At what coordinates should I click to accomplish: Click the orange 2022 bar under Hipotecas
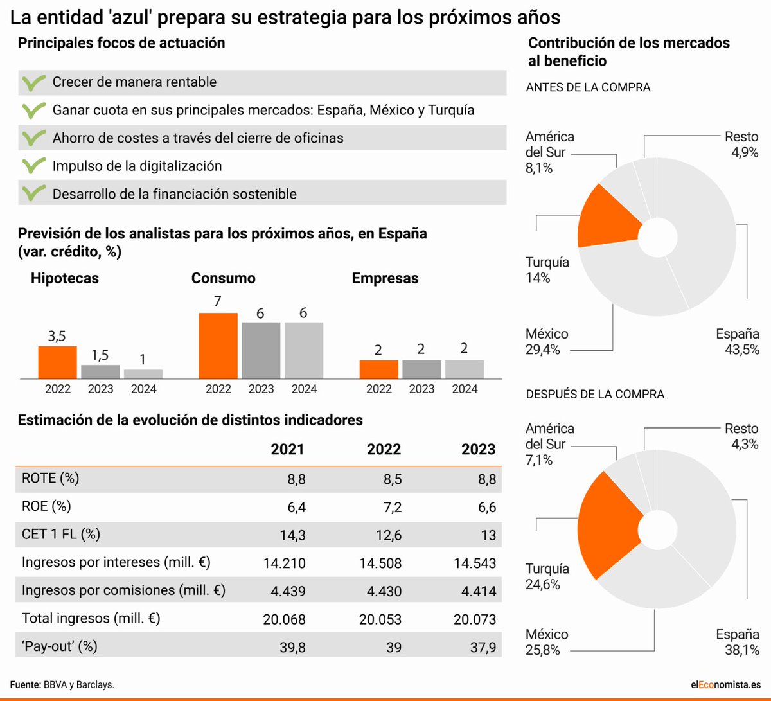tap(57, 362)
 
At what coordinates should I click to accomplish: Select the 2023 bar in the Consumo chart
tap(261, 350)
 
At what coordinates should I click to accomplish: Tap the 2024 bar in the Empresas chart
tap(464, 369)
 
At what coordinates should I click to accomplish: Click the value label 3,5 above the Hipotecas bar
tap(57, 335)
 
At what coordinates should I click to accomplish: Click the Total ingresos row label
tap(91, 618)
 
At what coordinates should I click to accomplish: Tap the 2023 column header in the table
tap(478, 449)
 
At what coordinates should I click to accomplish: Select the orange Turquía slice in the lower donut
tap(607, 524)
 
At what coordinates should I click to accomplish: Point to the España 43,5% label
tap(738, 342)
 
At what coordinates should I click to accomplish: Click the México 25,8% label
tap(546, 642)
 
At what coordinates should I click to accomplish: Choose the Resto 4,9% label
tap(741, 145)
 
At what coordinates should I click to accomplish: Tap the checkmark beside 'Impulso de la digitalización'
tap(33, 166)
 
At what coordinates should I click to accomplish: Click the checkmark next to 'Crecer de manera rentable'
tap(33, 82)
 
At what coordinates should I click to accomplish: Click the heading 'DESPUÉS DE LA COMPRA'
tap(595, 394)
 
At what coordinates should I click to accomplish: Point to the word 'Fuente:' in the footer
tap(25, 685)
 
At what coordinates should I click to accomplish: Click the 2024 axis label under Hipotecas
tap(143, 389)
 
